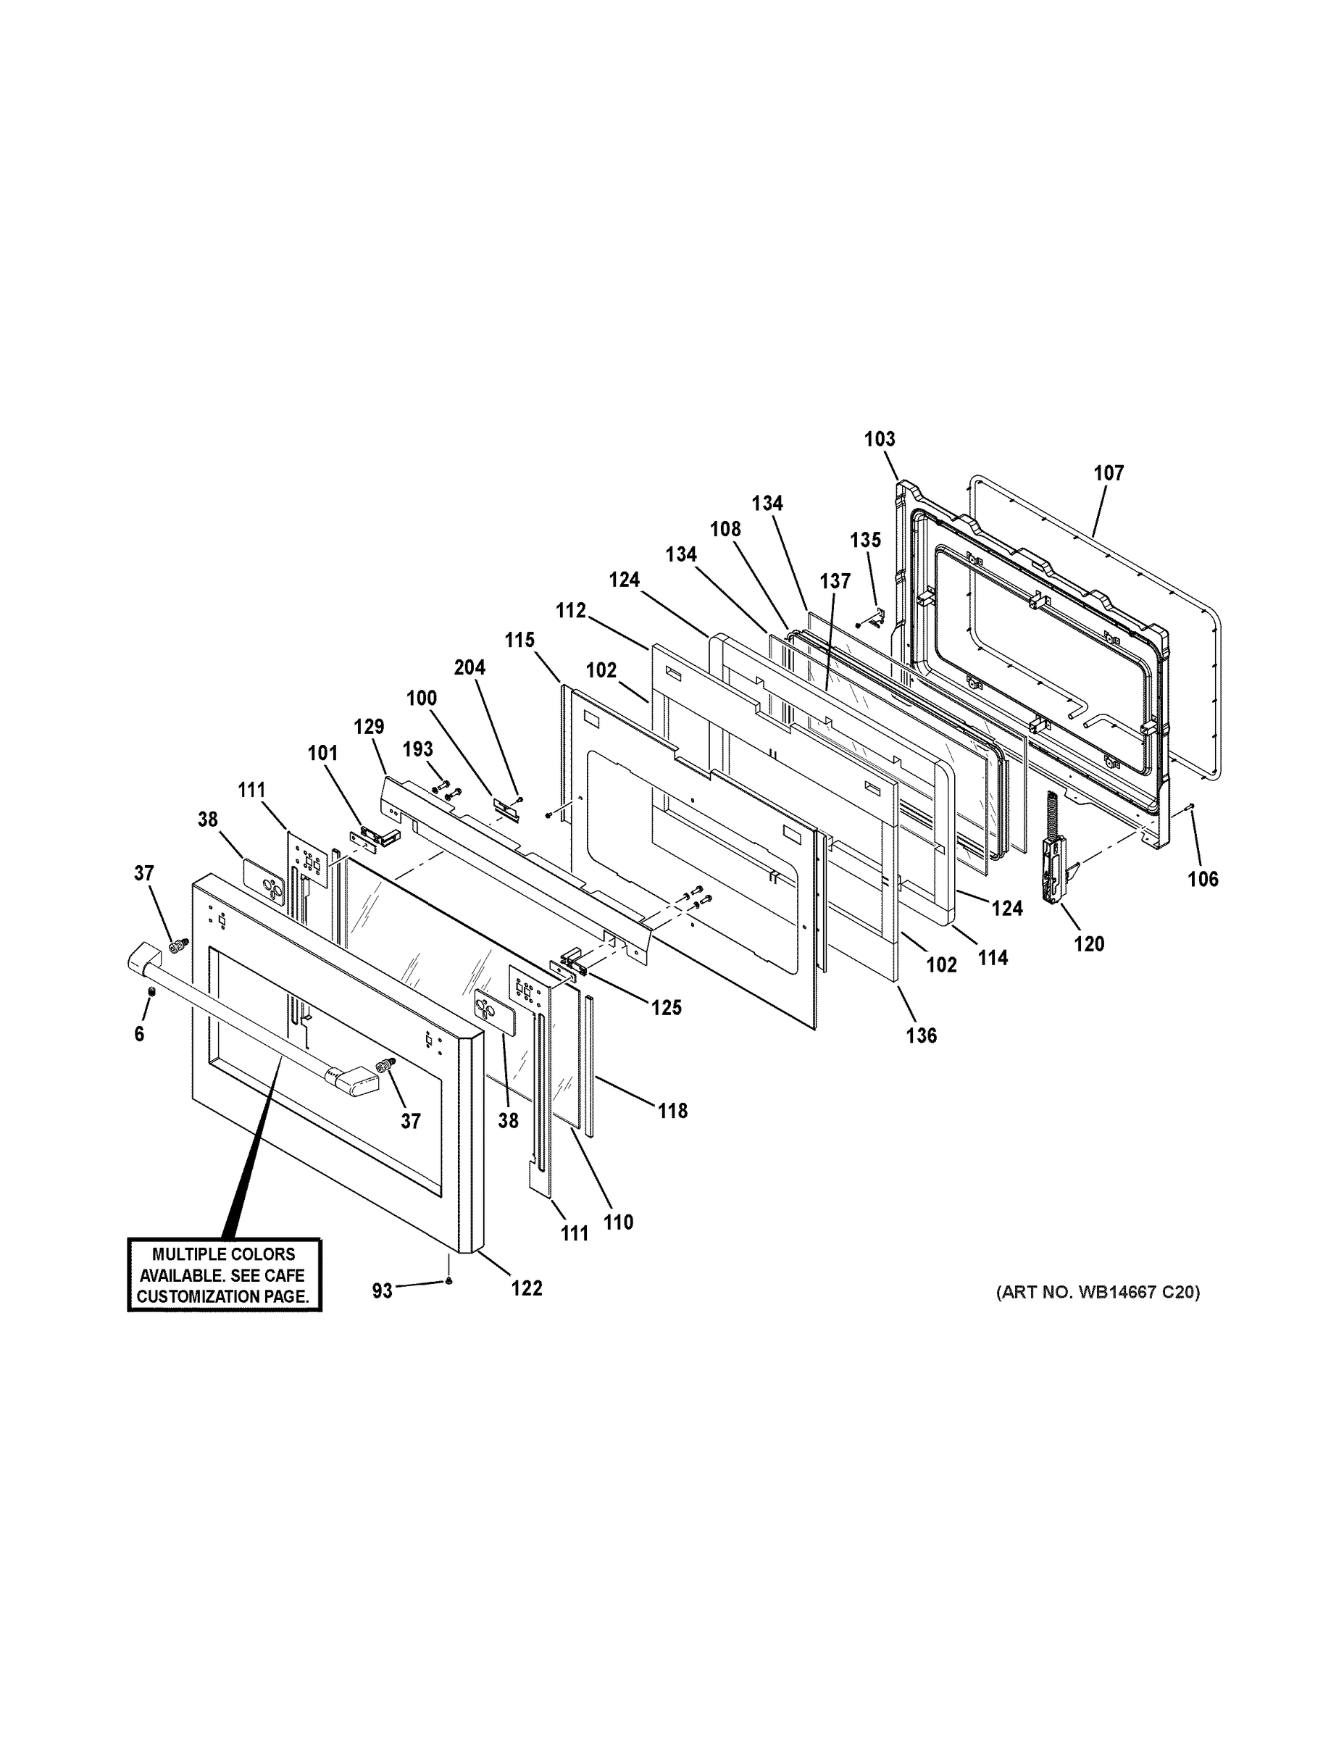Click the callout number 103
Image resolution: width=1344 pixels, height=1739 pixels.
879,438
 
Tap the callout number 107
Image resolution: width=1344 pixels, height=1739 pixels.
1108,473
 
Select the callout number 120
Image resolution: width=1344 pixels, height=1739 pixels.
1088,944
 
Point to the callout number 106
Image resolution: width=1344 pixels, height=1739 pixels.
1202,879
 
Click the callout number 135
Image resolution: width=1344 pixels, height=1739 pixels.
864,540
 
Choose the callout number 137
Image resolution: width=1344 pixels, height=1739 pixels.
835,581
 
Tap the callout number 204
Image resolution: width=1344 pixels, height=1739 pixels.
469,667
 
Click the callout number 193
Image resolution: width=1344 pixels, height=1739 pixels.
417,749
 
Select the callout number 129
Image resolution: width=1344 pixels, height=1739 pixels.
369,726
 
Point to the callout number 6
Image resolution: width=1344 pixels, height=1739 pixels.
139,1034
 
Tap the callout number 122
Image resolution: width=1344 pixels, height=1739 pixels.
526,1288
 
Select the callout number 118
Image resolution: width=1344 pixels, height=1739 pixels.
672,1110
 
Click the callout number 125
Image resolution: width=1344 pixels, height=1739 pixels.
666,1007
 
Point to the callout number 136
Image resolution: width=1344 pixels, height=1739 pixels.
920,1035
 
